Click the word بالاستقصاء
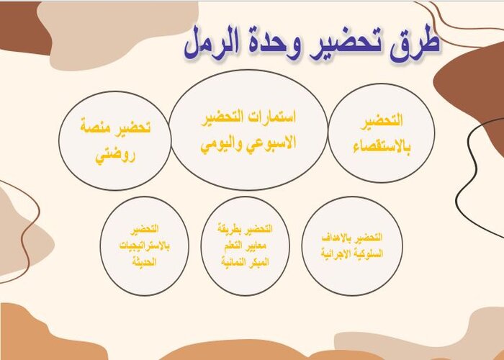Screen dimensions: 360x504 pos(381,148)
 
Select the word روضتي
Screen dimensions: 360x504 pos(116,153)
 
